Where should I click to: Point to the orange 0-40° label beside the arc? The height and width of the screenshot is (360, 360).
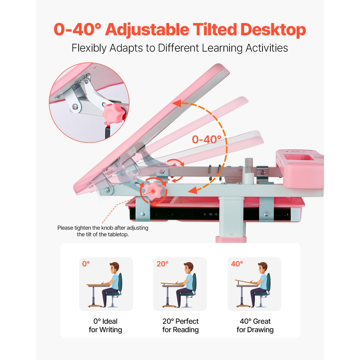(207, 139)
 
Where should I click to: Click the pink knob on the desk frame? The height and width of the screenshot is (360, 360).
(154, 189)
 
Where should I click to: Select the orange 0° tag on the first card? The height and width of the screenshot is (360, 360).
(86, 264)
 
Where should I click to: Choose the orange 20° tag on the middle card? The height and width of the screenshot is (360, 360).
(162, 264)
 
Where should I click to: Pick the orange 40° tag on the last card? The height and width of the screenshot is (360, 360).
(237, 264)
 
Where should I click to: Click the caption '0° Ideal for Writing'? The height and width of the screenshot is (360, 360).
(105, 325)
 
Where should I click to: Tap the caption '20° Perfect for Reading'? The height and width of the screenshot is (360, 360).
(180, 325)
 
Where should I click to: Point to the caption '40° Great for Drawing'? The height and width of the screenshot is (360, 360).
(255, 325)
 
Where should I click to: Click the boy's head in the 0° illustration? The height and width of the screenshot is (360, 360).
(114, 267)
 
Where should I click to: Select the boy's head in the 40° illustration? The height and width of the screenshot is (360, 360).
(262, 267)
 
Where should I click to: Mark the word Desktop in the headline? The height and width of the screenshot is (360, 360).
(273, 30)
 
